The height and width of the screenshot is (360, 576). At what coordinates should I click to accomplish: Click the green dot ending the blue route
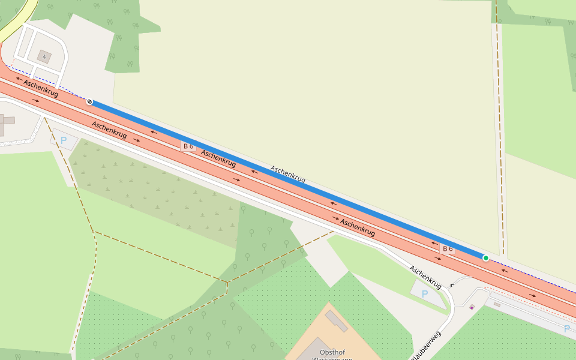(486, 258)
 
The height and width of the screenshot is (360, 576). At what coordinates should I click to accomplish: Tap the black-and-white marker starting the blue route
(89, 102)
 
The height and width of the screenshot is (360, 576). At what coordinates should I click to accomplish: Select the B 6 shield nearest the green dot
(447, 248)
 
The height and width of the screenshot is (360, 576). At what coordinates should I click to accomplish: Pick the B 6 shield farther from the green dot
(188, 146)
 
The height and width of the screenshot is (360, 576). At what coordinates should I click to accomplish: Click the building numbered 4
(44, 56)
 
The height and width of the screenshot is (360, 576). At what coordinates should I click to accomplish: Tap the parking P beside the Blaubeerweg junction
(425, 294)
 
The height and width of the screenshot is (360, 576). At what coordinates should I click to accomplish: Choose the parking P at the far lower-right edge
(567, 328)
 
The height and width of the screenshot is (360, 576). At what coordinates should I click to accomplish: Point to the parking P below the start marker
(64, 140)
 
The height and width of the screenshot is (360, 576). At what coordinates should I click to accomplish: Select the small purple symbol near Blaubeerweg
(472, 307)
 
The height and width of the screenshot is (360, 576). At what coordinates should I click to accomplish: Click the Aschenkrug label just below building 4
(41, 88)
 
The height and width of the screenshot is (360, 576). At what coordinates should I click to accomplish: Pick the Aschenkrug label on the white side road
(425, 277)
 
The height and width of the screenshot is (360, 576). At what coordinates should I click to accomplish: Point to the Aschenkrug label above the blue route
(288, 174)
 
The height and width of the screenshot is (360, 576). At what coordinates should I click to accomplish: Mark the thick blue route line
(288, 180)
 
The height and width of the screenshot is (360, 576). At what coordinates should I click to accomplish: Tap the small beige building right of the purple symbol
(497, 305)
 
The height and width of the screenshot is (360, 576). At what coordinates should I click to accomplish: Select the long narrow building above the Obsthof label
(336, 321)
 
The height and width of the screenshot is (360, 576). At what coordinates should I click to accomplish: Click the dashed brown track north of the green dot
(500, 120)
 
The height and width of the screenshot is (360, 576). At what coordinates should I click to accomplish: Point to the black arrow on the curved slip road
(452, 285)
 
